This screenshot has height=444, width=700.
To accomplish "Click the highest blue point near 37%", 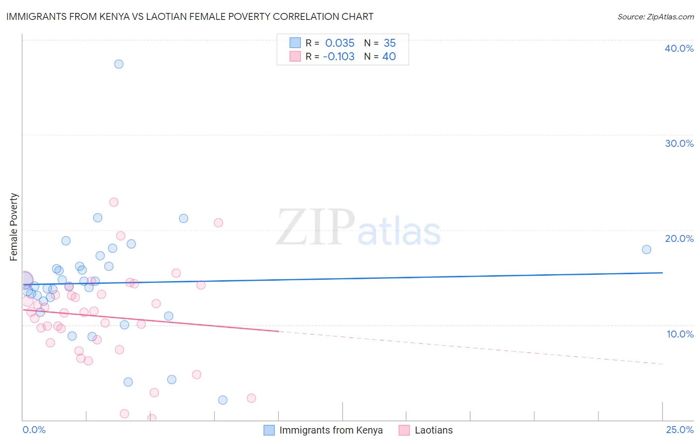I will click(x=118, y=64).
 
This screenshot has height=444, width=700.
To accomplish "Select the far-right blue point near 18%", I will click(x=646, y=249).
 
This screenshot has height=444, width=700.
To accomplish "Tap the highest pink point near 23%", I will click(x=114, y=202).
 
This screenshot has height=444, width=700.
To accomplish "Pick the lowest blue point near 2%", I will click(x=223, y=400).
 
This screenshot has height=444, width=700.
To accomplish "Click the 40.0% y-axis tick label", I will click(x=679, y=48).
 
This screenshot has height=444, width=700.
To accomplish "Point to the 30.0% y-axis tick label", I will click(x=679, y=143).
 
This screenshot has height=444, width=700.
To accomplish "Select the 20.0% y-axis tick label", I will click(x=679, y=238).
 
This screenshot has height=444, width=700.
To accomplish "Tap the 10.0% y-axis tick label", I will click(x=680, y=334).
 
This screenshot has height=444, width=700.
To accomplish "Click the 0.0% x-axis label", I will click(x=34, y=430).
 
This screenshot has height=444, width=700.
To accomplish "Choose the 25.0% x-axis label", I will click(x=680, y=430).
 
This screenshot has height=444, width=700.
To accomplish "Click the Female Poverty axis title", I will click(x=14, y=227).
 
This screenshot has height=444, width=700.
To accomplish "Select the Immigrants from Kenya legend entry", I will click(x=331, y=430).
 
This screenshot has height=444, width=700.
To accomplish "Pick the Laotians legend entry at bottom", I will click(x=433, y=430).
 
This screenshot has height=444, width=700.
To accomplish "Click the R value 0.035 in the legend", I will click(x=340, y=43).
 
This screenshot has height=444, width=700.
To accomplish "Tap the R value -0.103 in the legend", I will click(x=339, y=56).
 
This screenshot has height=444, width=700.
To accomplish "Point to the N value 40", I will click(x=389, y=56).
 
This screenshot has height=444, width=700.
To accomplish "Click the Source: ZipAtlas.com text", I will click(x=655, y=16).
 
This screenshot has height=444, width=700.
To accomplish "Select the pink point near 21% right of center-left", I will click(x=218, y=222).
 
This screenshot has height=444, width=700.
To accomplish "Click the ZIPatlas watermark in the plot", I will click(x=358, y=228).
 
